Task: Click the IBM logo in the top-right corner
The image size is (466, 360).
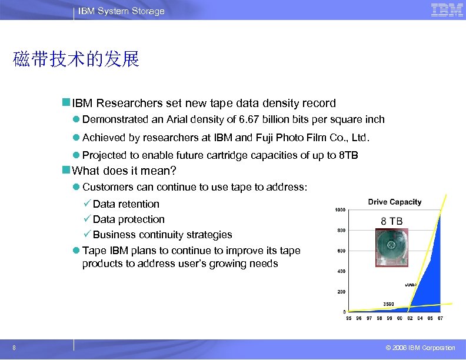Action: pyautogui.click(x=447, y=10)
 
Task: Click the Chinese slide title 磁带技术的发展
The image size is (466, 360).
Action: pyautogui.click(x=76, y=59)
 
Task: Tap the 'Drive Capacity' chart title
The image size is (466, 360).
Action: pyautogui.click(x=395, y=202)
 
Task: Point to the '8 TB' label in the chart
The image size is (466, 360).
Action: pyautogui.click(x=392, y=221)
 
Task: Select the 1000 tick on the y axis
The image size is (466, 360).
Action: pyautogui.click(x=340, y=210)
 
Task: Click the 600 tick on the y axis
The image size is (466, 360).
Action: pyautogui.click(x=340, y=251)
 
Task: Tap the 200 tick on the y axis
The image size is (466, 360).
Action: pyautogui.click(x=340, y=292)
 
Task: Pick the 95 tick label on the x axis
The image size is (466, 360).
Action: pyautogui.click(x=349, y=318)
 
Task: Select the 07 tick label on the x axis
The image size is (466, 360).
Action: pyautogui.click(x=440, y=318)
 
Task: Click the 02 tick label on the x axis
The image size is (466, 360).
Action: pyautogui.click(x=410, y=318)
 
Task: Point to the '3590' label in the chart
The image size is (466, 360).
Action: pyautogui.click(x=389, y=304)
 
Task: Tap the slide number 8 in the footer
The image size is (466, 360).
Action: pyautogui.click(x=14, y=348)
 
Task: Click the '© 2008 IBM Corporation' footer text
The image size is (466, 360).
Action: pyautogui.click(x=417, y=348)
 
